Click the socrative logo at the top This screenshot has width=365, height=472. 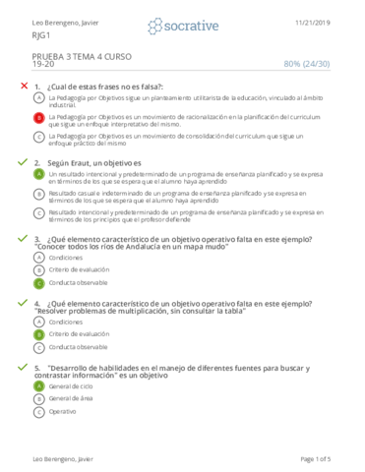182,25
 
